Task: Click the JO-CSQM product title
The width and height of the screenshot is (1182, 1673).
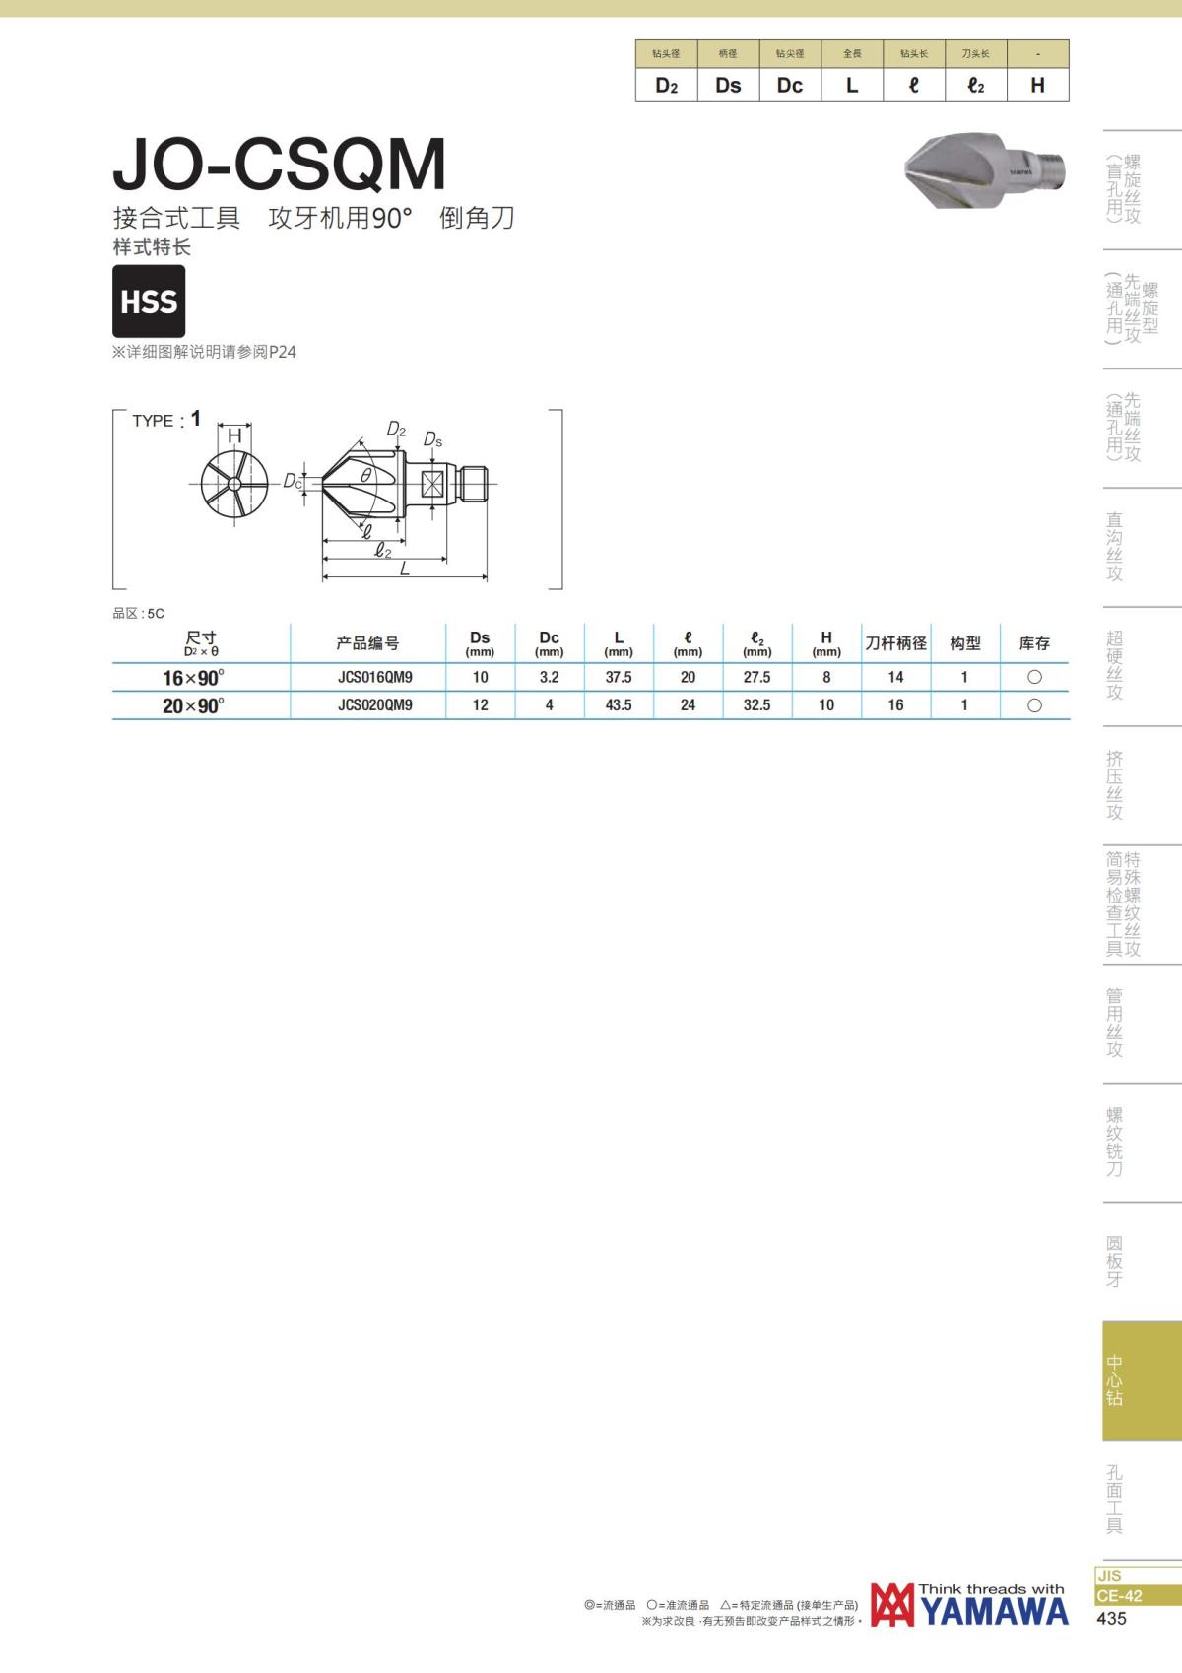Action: (x=280, y=164)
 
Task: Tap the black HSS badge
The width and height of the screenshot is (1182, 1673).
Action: (x=149, y=301)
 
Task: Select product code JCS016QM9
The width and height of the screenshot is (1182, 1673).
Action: (x=375, y=678)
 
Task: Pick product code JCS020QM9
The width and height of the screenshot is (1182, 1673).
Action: (x=375, y=705)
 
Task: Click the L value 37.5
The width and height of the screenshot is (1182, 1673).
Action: (x=619, y=678)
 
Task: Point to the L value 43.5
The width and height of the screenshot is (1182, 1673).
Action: (x=619, y=705)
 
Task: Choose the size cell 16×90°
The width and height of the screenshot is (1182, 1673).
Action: (x=193, y=678)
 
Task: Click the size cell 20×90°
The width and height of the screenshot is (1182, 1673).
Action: (x=193, y=705)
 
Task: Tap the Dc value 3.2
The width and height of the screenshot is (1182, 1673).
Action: (x=549, y=678)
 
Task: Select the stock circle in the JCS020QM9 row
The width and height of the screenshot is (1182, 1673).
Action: (x=1034, y=705)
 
